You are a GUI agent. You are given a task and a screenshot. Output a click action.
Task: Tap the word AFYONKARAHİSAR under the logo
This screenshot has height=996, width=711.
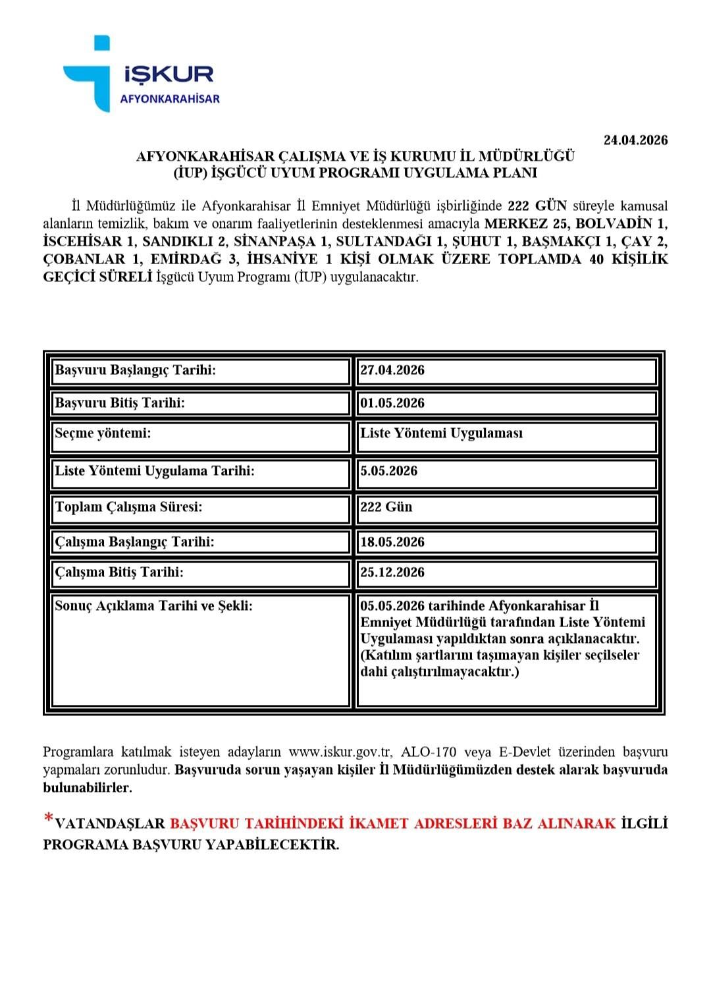point(169,99)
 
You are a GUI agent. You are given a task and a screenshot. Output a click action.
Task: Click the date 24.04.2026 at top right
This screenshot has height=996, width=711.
point(635,140)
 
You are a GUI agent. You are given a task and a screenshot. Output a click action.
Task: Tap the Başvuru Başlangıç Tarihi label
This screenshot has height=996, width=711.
point(136,370)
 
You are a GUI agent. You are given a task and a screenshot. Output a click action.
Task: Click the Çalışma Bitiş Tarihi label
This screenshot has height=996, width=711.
point(119,572)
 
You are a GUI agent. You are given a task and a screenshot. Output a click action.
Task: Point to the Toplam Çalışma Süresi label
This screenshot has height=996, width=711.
point(128,507)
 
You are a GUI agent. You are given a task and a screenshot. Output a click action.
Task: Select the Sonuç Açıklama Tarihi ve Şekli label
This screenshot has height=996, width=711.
point(153,606)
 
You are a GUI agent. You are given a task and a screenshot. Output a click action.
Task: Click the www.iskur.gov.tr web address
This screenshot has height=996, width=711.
point(340,752)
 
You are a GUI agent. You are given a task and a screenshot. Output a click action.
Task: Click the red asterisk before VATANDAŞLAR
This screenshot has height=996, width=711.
point(48,820)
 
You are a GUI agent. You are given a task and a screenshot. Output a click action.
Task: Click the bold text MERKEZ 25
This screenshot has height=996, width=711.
point(526,223)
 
